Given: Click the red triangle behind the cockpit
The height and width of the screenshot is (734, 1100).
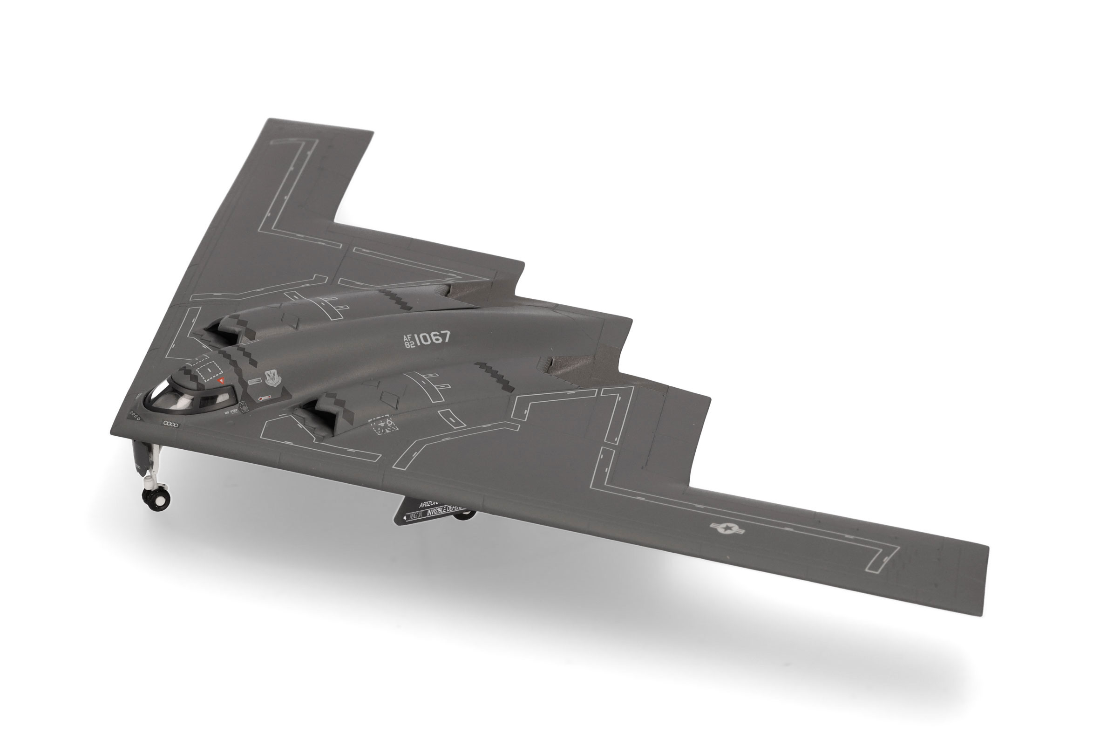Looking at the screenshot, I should (223, 381).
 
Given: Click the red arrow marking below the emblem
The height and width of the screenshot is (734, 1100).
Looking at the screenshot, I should (265, 398).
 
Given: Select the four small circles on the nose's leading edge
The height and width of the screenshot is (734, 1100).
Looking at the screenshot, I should (170, 424).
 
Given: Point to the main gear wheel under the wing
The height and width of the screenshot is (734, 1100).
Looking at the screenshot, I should (465, 515).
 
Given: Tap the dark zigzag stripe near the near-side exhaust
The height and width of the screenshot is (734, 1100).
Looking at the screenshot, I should (495, 376).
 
